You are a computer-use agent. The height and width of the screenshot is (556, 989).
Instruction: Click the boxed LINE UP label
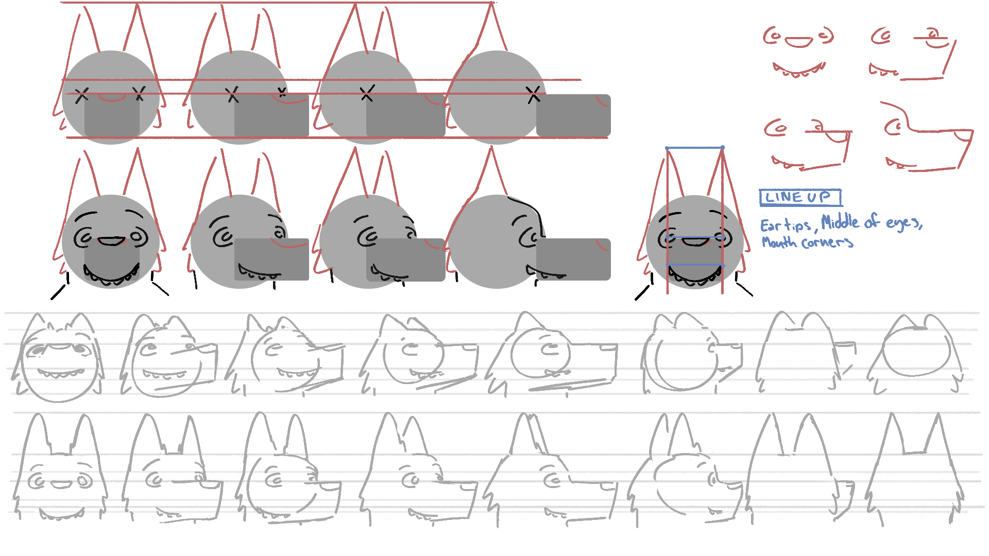click(800, 198)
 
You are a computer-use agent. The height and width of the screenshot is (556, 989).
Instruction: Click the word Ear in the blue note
click(771, 225)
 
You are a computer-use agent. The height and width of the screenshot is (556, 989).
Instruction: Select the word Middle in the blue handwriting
click(840, 222)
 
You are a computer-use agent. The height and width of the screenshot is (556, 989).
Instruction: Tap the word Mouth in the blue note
click(779, 242)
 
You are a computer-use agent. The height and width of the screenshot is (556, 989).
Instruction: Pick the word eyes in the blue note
click(904, 223)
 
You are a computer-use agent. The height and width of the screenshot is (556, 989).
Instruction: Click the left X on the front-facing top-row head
click(81, 95)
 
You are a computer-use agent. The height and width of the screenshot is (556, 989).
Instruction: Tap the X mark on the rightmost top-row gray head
click(534, 95)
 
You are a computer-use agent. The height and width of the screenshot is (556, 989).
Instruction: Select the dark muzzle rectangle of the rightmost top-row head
click(573, 115)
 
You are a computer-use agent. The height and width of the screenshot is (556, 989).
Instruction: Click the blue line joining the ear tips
click(694, 148)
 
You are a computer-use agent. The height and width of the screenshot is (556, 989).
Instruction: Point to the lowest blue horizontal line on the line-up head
click(695, 265)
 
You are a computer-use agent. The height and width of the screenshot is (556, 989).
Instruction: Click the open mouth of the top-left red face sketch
click(800, 42)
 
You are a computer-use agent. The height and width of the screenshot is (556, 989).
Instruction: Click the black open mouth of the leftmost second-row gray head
click(111, 241)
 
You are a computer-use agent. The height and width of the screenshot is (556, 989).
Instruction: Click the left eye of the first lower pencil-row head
click(37, 481)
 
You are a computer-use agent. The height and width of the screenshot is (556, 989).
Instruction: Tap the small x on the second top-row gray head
click(282, 93)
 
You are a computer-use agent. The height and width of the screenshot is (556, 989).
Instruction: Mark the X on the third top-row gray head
click(367, 94)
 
